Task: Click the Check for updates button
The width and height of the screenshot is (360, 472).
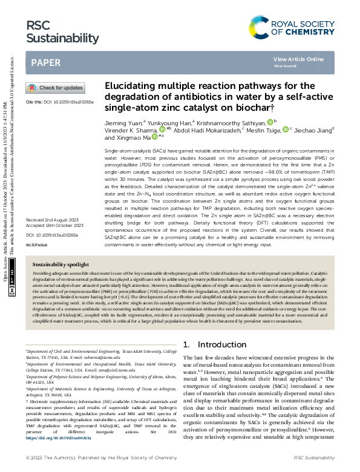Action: (54, 88)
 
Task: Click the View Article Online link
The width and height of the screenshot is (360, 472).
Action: (298, 59)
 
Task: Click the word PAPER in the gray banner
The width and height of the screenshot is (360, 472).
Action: (45, 62)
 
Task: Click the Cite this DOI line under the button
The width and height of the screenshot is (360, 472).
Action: (59, 103)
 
